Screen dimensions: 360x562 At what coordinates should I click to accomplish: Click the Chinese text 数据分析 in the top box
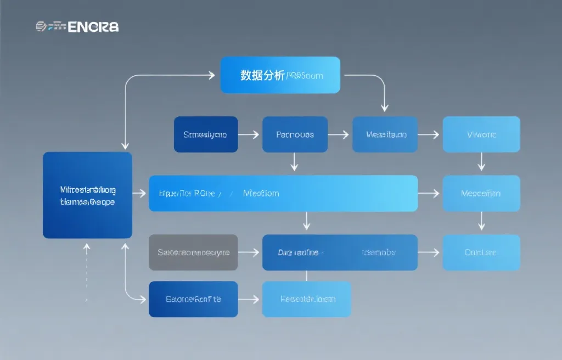pos(262,76)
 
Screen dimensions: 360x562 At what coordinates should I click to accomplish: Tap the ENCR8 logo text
pos(93,26)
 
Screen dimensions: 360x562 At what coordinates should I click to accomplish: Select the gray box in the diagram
pos(193,252)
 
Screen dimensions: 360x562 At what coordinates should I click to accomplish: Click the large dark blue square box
pos(87,195)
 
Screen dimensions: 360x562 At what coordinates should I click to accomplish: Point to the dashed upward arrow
pos(86,272)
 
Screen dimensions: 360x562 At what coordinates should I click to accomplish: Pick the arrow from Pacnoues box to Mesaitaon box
pos(339,134)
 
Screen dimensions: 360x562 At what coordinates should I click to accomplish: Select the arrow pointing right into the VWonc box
pos(429,134)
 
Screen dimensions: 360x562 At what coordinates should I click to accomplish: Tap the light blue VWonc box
pos(481,134)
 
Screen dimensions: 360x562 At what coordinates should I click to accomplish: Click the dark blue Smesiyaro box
pos(205,134)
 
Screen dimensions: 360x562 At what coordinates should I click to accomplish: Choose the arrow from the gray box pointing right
pos(249,252)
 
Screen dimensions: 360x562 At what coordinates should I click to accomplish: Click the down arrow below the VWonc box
pos(481,162)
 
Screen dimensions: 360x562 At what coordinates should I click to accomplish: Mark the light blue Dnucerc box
pos(481,252)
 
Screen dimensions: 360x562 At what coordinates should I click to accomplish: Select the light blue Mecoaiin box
pos(481,193)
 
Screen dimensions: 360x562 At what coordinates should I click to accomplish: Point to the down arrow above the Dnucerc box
pos(481,221)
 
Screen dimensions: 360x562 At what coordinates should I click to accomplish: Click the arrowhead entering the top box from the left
pos(210,75)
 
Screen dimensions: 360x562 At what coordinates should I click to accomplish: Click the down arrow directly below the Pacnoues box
pos(295,162)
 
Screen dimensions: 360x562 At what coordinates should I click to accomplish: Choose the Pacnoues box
pos(295,134)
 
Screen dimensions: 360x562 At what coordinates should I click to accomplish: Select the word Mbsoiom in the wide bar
pos(261,193)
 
